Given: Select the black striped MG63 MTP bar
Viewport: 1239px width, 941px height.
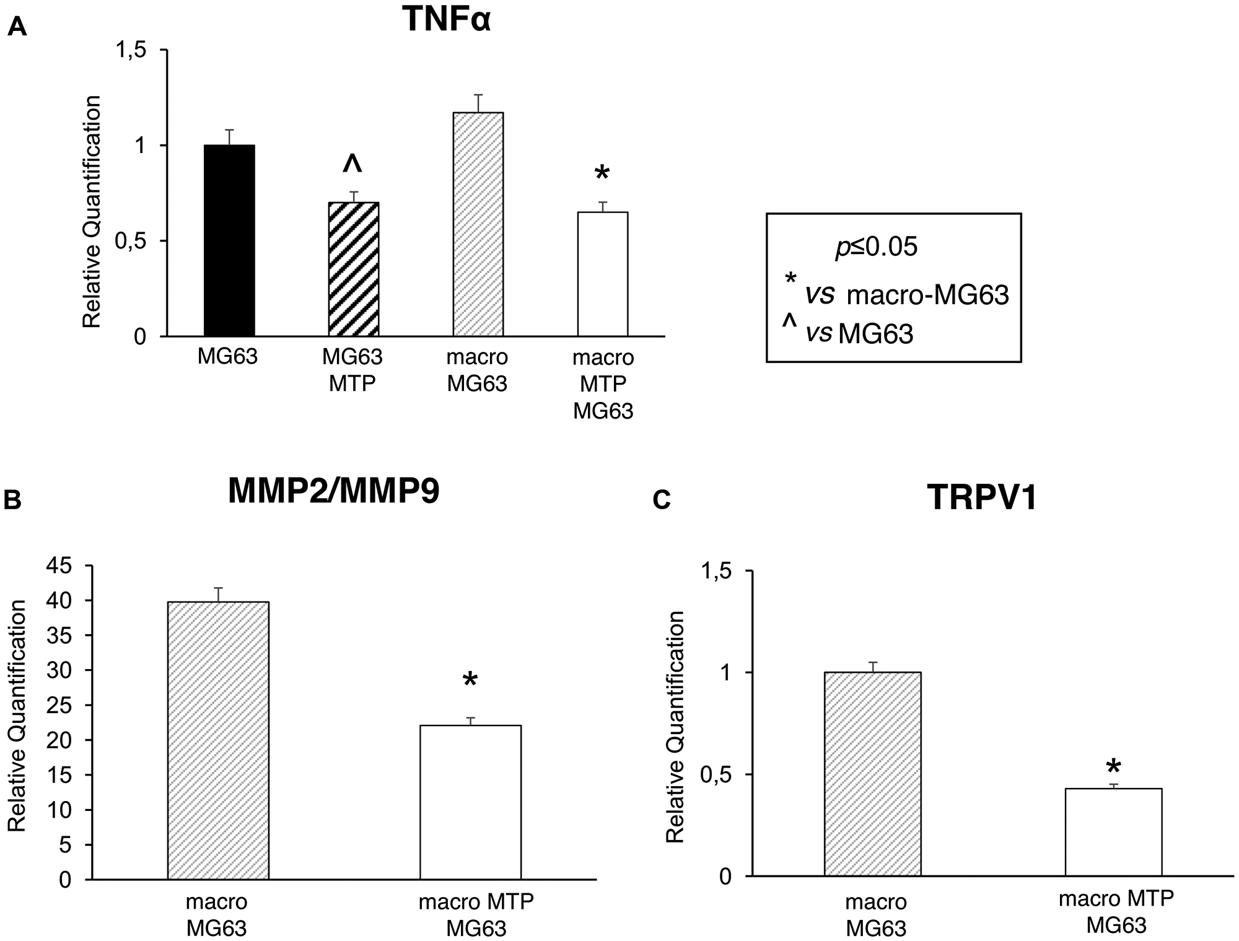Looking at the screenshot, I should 353,269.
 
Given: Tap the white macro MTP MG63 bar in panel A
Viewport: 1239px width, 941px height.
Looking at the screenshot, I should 602,274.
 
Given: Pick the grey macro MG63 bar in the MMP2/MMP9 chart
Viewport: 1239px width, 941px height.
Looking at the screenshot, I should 218,740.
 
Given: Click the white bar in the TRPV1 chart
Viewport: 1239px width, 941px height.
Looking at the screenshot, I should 1113,832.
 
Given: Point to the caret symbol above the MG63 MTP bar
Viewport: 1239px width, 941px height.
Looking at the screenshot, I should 352,164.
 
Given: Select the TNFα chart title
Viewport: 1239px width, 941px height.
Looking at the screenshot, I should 446,20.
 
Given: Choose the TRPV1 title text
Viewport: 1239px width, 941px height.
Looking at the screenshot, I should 982,497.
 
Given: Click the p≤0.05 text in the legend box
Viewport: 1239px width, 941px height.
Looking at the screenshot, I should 876,248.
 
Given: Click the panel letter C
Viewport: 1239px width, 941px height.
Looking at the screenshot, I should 662,500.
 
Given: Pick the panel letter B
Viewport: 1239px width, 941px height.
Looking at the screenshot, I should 12,500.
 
